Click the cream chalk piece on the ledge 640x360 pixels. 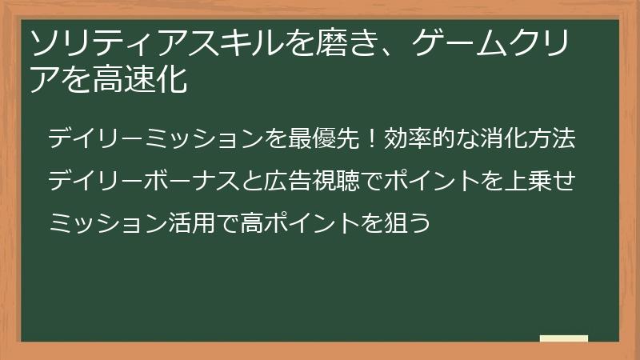pos(563,339)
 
